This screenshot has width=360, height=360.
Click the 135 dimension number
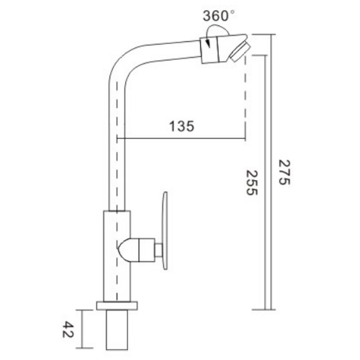(x=182, y=126)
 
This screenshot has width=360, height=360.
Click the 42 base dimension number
(x=70, y=330)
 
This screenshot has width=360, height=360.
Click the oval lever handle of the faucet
(x=165, y=230)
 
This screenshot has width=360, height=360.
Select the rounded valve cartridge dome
(x=130, y=249)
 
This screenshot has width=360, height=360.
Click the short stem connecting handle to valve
(x=153, y=250)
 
